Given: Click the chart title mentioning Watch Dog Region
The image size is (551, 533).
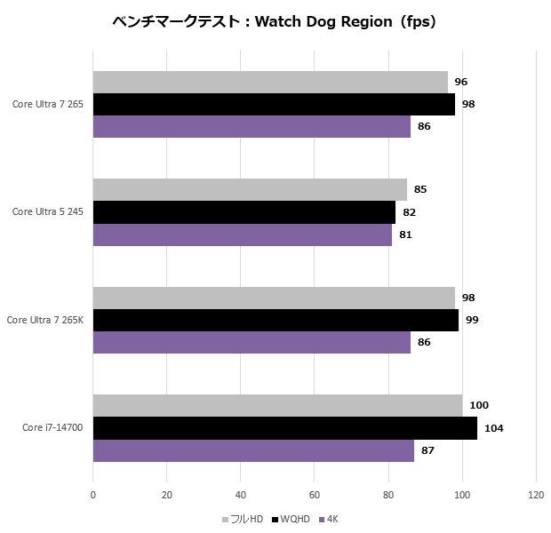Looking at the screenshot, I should point(275,21).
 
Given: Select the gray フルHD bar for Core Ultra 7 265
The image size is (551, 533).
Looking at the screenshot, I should point(270,82).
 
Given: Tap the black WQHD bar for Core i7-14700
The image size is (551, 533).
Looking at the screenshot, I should point(284,428).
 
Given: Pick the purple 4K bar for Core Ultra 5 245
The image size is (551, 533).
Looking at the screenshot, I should point(242,235).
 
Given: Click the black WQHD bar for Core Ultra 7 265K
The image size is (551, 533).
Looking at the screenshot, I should point(275,320).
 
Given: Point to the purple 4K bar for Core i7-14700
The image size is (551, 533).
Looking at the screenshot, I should point(253,450).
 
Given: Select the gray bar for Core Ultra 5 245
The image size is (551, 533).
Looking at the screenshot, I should point(250,189).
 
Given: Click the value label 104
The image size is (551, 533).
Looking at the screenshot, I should point(493,428).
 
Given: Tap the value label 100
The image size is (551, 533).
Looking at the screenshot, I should point(479,405).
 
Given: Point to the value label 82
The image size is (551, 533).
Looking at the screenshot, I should point(409,212).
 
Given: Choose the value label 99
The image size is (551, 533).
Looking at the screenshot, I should point(472,320).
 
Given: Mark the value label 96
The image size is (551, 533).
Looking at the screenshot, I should point(460,82).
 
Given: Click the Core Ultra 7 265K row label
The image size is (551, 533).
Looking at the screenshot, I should point(44,320).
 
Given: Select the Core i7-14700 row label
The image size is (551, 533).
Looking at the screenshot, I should point(52,428).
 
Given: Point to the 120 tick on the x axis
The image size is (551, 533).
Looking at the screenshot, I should point(536,495).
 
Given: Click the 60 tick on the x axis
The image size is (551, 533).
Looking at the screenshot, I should point(315,495).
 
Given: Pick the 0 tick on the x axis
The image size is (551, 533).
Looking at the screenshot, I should point(93,495).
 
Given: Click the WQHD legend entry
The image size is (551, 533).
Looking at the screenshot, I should point(291,519).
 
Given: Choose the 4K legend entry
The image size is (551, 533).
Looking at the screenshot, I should point(329,519).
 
